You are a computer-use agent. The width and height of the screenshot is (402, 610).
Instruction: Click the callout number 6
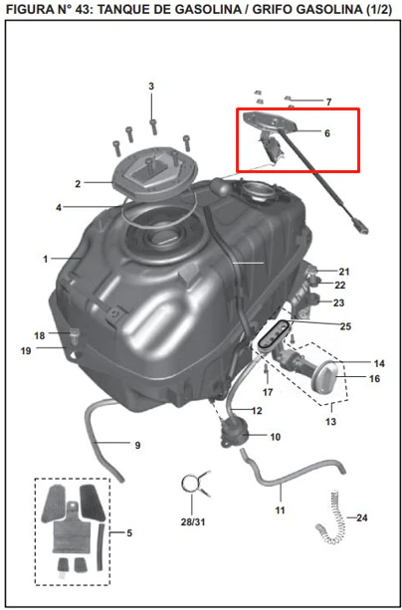click(x=327, y=133)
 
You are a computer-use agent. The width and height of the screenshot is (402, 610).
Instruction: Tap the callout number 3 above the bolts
click(x=151, y=87)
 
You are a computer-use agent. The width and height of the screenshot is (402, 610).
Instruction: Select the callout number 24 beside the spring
click(x=361, y=518)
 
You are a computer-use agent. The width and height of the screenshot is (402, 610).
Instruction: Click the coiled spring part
click(x=331, y=517)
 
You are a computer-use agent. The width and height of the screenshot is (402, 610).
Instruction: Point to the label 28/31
click(x=194, y=522)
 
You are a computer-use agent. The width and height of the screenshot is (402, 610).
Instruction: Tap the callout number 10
click(x=276, y=437)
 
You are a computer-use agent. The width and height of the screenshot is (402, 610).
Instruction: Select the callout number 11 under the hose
click(x=281, y=509)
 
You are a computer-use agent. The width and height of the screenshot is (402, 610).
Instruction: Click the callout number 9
click(x=137, y=446)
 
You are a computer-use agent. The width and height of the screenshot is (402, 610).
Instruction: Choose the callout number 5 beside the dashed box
click(x=129, y=533)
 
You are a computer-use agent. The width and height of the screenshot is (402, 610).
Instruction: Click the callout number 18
click(x=40, y=335)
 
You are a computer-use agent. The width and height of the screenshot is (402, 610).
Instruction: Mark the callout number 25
click(x=345, y=326)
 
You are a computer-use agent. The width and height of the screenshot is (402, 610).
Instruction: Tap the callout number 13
click(x=330, y=421)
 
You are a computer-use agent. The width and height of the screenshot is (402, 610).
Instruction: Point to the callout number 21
click(x=344, y=272)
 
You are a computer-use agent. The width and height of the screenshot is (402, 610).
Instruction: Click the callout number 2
click(x=78, y=184)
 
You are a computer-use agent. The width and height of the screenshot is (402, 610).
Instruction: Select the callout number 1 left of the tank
click(x=46, y=259)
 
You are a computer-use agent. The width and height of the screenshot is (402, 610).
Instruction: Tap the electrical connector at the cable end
click(x=360, y=227)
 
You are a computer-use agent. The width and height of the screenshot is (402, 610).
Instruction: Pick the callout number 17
click(x=268, y=392)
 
